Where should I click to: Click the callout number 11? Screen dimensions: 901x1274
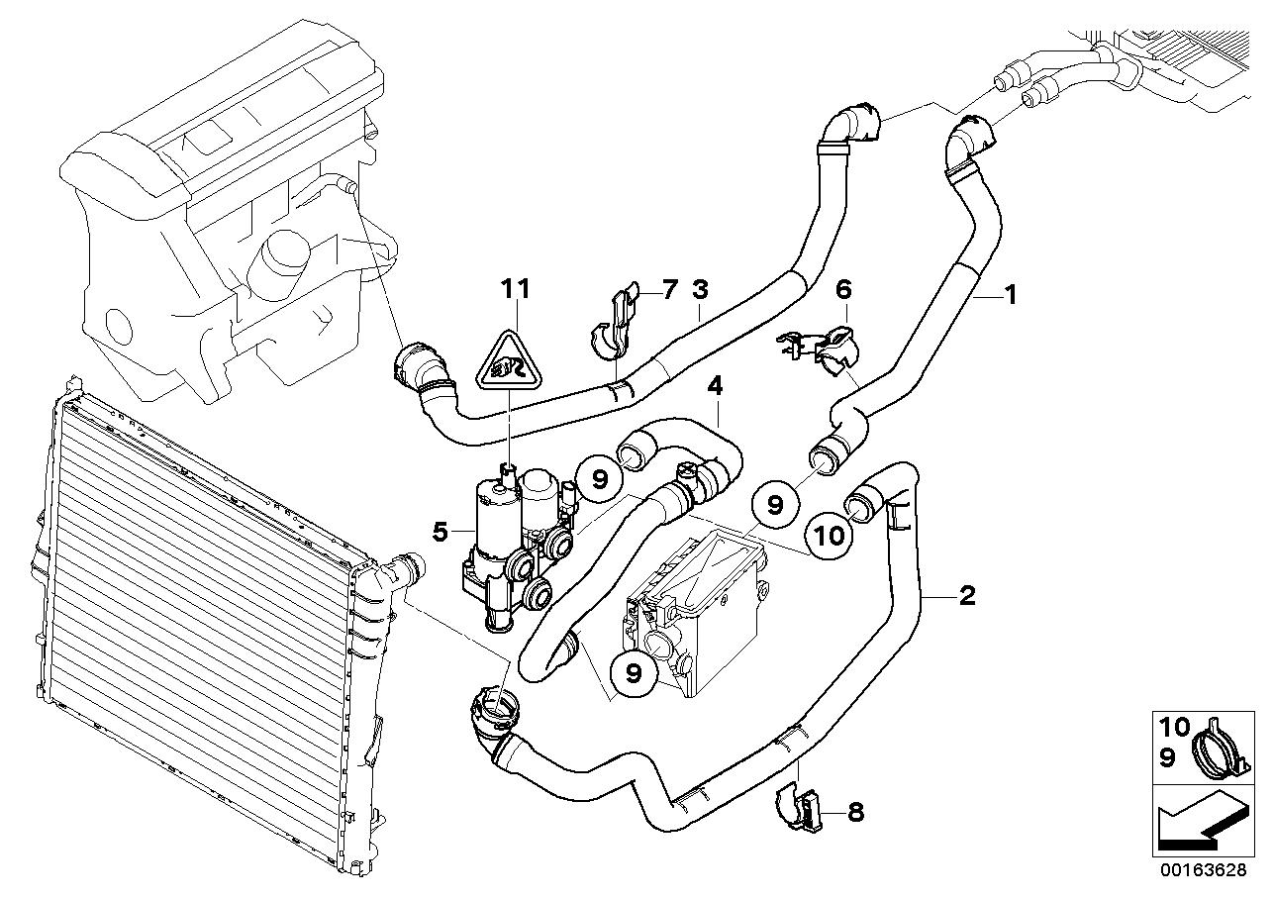[515, 289]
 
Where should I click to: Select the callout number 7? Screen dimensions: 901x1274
[669, 290]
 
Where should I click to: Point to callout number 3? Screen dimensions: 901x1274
[700, 290]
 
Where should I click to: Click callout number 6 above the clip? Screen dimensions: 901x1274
[843, 290]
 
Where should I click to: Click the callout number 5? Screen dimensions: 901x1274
[441, 532]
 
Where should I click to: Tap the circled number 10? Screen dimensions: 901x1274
[830, 537]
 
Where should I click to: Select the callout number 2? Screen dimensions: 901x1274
[966, 595]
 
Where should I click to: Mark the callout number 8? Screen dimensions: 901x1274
[855, 813]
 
